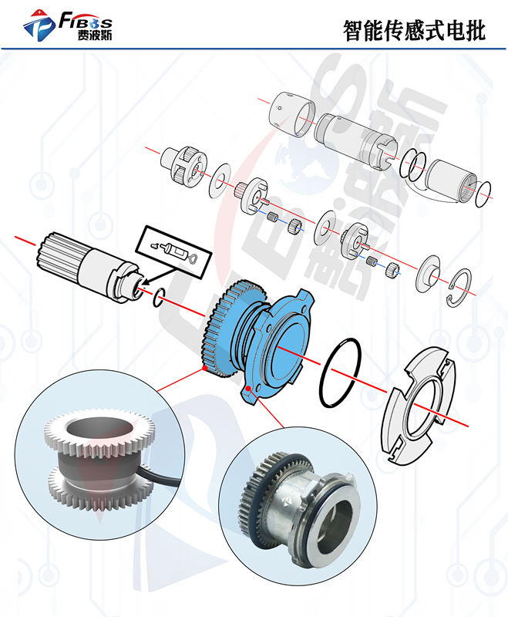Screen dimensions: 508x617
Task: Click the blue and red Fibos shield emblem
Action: coord(39,25)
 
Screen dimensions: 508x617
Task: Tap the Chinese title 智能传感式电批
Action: coord(414,31)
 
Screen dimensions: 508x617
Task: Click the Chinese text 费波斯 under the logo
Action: coord(94,35)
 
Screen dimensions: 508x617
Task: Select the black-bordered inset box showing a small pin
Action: coord(173,252)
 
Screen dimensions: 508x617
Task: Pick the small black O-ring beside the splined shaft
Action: coord(159,298)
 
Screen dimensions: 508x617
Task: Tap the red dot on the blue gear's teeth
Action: coord(205,368)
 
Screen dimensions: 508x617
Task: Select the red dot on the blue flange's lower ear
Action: coord(248,389)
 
